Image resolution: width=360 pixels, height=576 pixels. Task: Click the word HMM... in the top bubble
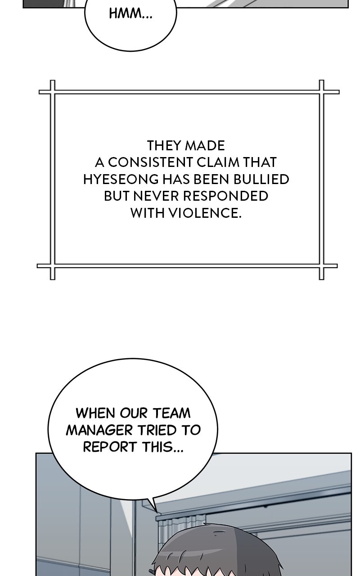130,13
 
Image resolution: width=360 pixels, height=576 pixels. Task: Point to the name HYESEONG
121,179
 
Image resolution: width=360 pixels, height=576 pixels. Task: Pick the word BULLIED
261,179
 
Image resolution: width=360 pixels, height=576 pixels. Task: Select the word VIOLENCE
205,213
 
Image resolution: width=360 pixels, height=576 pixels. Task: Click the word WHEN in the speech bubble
96,413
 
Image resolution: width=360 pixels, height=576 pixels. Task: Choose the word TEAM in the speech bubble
172,413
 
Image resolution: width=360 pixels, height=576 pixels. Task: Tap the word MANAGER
100,430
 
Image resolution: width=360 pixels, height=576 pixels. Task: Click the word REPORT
110,447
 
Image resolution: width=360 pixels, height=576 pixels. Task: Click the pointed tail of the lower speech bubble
157,511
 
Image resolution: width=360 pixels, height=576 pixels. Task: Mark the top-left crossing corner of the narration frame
53,92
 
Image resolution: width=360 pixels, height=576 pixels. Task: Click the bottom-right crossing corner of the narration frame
321,266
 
